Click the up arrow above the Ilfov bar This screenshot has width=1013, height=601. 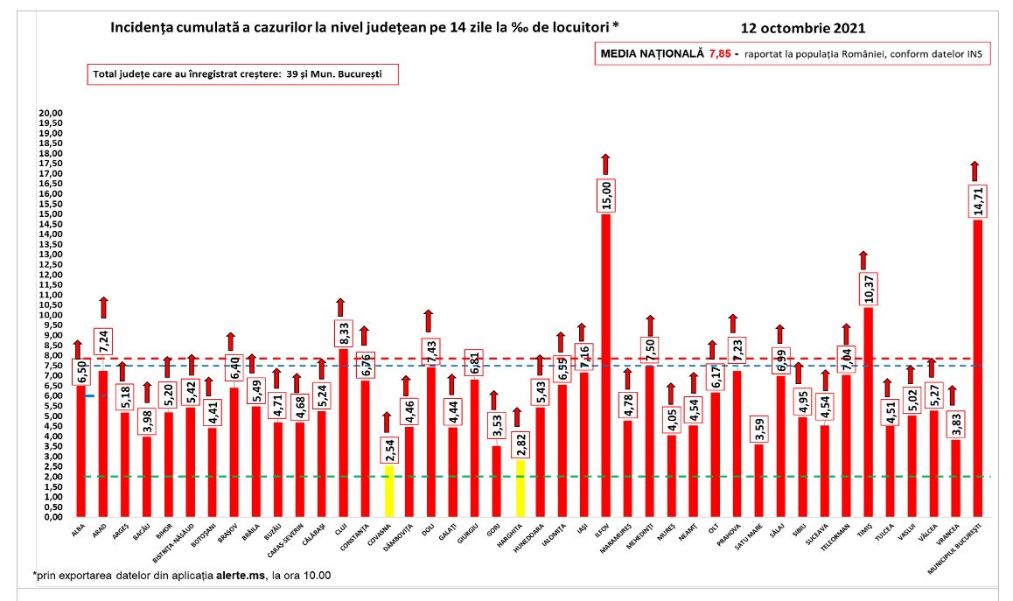tap(605, 163)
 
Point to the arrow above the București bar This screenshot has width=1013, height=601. tap(975, 170)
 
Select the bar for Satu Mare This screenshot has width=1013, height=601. tap(758, 480)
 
